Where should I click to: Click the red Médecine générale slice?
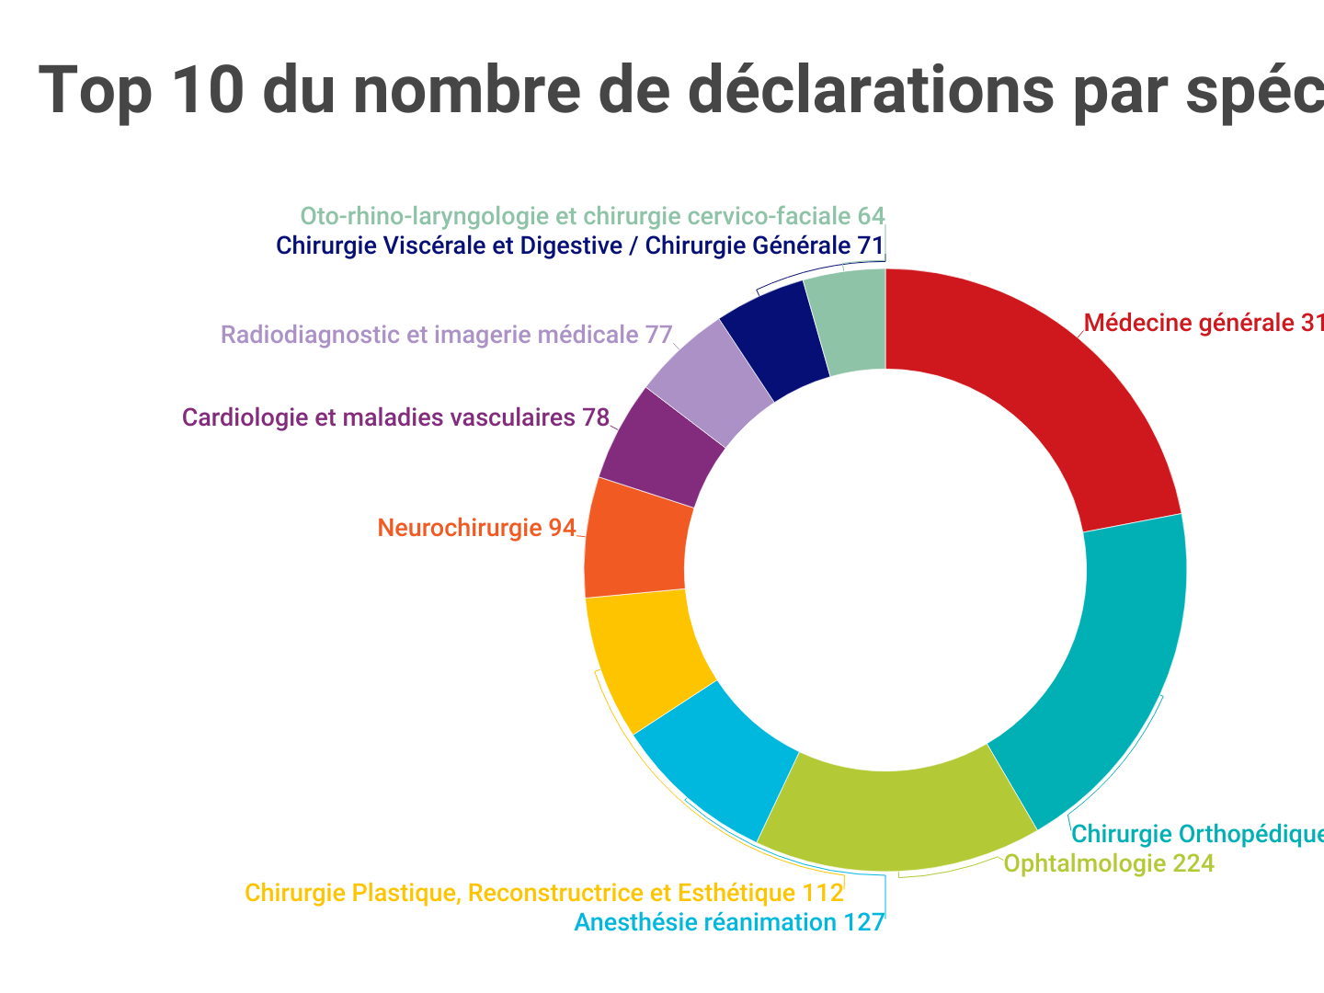click(x=1030, y=395)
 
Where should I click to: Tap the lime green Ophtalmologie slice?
click(x=896, y=809)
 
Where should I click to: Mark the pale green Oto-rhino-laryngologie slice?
click(x=846, y=322)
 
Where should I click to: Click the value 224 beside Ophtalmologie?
click(x=1193, y=863)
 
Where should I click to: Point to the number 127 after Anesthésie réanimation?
click(x=864, y=922)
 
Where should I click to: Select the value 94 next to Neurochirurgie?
click(x=562, y=528)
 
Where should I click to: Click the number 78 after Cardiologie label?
click(x=595, y=417)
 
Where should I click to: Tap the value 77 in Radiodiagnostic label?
click(x=658, y=334)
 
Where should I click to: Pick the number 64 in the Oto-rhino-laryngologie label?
click(x=871, y=216)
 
